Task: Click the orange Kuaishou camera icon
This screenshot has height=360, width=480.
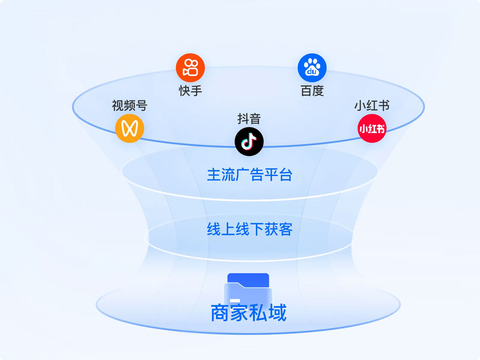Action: pos(190,68)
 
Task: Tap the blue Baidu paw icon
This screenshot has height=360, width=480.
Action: pos(312,68)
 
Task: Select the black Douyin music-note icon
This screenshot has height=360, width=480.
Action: pos(249,142)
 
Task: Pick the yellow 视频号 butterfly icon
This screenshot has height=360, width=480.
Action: pos(130,128)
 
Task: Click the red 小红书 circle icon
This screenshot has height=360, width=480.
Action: pos(372,128)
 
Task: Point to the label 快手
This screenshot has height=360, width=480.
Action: pos(190,91)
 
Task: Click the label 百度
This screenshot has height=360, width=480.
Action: pos(312,91)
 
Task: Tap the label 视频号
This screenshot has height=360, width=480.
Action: pos(130,106)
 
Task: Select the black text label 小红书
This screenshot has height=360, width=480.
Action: pos(372,106)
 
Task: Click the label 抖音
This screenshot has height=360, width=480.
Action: pos(249,119)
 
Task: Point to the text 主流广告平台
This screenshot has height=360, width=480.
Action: pos(250,175)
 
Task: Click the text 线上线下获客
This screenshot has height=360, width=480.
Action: pos(250,229)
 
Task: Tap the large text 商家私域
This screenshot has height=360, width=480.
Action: pos(249,313)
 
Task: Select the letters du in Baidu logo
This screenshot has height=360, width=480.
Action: pos(312,72)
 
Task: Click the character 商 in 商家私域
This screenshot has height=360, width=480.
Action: pos(220,313)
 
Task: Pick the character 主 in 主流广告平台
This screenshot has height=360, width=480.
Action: pos(214,175)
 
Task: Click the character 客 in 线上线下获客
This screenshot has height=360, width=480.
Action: pos(285,229)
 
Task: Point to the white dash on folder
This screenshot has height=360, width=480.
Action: pos(235,300)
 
